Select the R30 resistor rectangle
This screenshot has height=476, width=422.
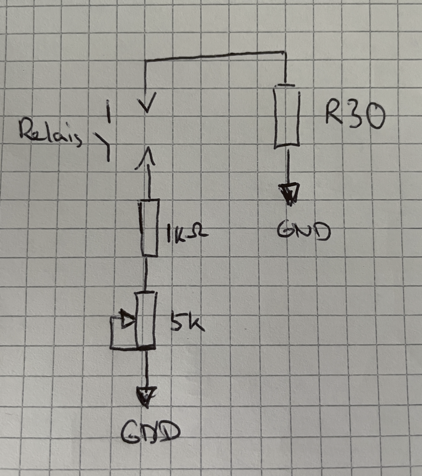(x=286, y=117)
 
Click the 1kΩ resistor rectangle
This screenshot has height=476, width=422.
(x=150, y=228)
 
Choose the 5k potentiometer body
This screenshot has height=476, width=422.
(x=146, y=320)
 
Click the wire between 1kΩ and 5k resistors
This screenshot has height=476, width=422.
(x=146, y=274)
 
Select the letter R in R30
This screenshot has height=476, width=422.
(x=334, y=115)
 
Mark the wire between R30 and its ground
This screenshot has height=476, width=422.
(x=287, y=166)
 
